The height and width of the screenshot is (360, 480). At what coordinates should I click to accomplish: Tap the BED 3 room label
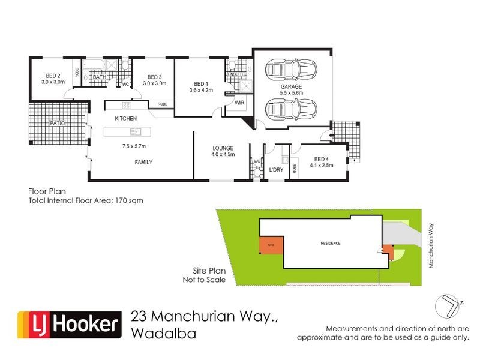154,77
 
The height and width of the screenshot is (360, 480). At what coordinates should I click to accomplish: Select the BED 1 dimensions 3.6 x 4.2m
201,90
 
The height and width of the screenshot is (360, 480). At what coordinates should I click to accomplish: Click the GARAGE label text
291,86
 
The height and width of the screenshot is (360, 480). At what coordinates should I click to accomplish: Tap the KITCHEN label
126,118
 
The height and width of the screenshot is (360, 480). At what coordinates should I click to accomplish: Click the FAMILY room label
143,162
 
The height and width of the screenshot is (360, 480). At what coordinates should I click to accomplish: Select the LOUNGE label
223,148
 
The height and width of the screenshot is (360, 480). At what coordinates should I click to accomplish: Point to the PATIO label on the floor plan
57,123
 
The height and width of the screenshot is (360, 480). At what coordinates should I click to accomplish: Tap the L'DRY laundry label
276,170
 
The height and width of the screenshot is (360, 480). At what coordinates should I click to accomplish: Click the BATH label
99,77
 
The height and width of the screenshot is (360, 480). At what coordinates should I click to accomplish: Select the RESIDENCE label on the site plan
330,243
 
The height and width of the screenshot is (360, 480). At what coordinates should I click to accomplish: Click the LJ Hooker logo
68,325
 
